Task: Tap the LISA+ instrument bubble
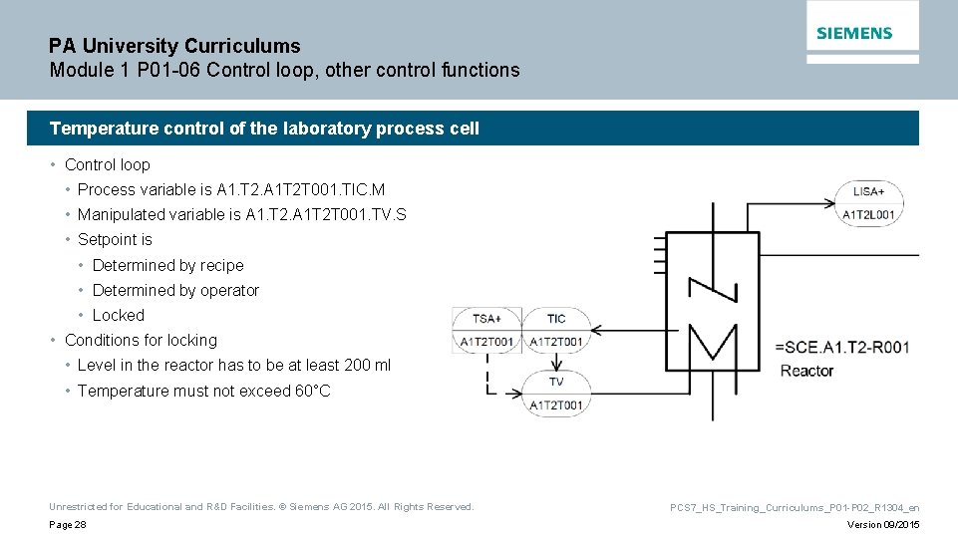click(868, 202)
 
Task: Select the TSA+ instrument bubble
click(485, 330)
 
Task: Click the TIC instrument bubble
click(555, 330)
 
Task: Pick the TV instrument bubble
click(555, 394)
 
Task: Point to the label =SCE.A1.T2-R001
click(842, 347)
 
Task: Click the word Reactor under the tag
click(806, 371)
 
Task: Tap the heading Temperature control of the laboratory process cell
click(264, 129)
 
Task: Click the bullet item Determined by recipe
click(167, 265)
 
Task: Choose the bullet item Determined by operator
click(175, 290)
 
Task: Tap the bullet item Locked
click(118, 315)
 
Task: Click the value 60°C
click(312, 391)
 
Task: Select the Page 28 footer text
click(67, 525)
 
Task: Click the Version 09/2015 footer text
click(883, 525)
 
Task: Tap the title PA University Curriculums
click(174, 46)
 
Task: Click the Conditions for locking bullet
click(141, 340)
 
